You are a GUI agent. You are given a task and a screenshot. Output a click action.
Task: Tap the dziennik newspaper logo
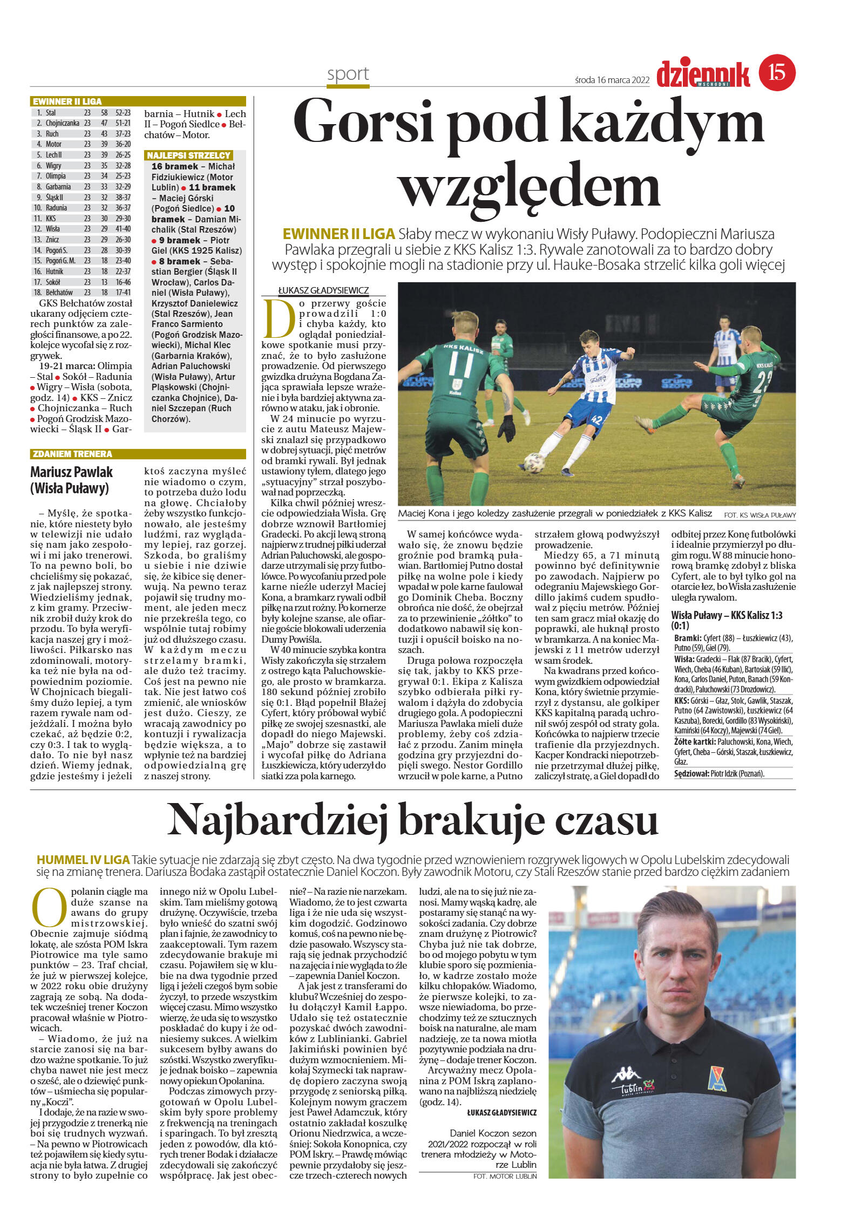point(703,74)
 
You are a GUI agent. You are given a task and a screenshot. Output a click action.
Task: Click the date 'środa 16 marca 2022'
point(612,80)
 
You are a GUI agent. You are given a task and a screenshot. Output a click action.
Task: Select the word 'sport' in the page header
point(348,74)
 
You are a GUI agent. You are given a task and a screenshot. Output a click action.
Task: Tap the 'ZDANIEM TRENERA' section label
point(72,454)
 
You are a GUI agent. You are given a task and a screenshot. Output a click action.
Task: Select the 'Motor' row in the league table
point(81,144)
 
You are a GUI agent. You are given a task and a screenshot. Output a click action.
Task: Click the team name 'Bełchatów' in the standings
point(59,293)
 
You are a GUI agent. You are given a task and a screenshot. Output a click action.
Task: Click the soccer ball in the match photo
point(534,464)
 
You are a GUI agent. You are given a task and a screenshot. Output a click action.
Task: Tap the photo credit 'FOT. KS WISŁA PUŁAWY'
point(759,515)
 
